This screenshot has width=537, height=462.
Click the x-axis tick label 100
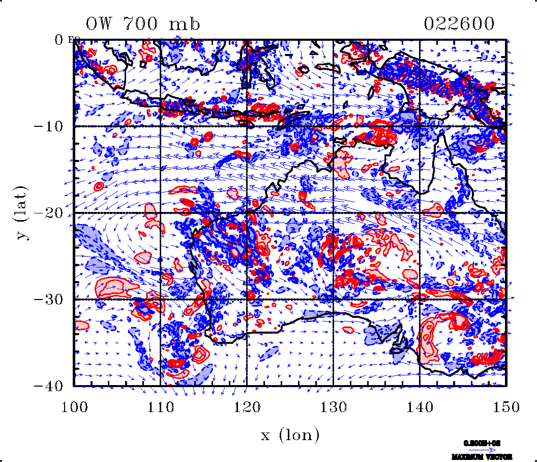click(74, 406)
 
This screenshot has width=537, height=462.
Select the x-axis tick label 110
click(160, 406)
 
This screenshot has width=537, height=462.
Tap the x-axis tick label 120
click(247, 406)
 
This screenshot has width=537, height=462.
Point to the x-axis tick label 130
click(333, 406)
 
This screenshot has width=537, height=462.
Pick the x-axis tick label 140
click(420, 406)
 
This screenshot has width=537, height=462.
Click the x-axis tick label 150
click(506, 406)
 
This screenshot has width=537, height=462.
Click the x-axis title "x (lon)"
click(290, 435)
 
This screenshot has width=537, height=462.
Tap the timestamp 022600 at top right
click(459, 24)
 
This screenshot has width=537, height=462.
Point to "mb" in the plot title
click(186, 24)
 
